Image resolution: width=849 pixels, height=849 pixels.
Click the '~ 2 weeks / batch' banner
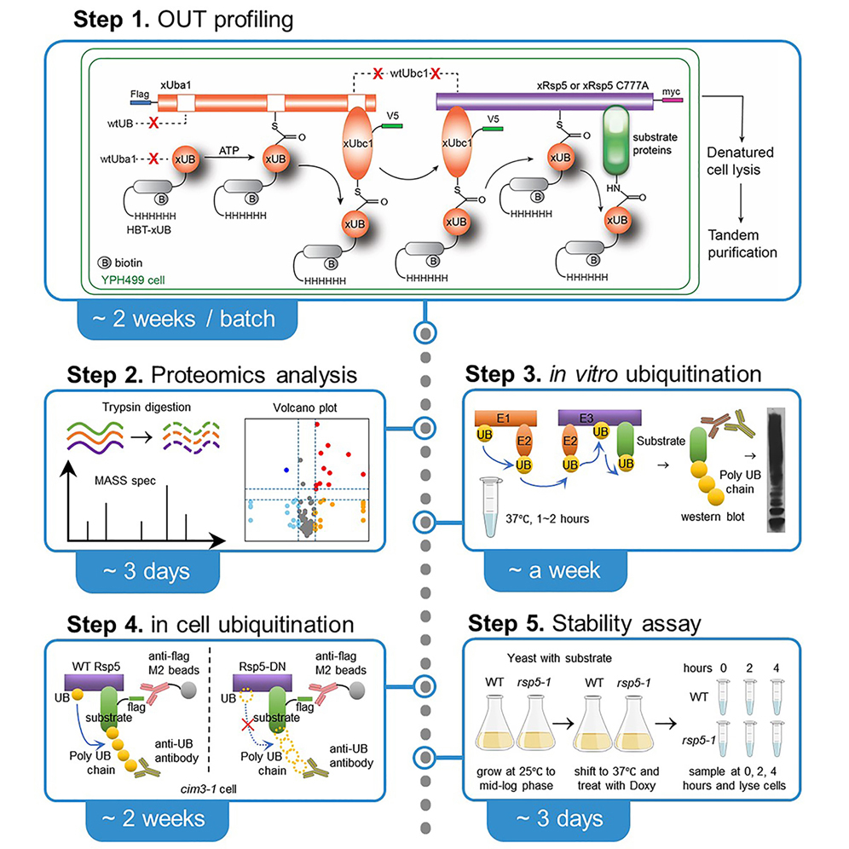187,320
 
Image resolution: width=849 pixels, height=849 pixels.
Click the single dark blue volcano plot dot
286,469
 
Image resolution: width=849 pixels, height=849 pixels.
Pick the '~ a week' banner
545,569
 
